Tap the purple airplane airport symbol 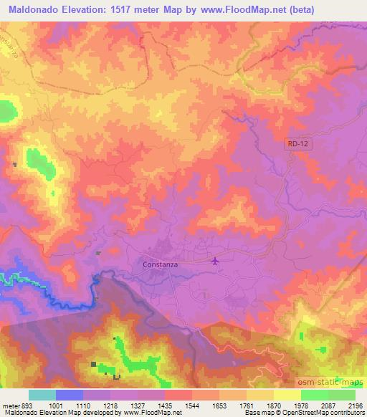tap(215, 261)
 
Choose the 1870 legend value tap(272, 405)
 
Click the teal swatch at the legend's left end tap(42, 395)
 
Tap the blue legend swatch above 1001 tap(70, 395)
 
